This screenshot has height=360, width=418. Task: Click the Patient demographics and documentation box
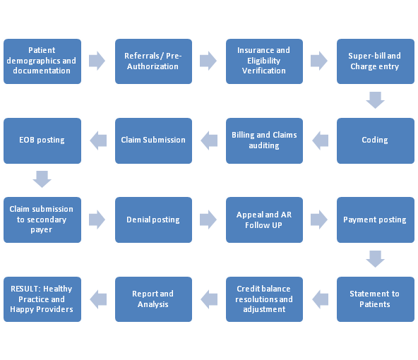pos(42,61)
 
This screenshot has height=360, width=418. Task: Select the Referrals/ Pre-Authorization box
pos(153,61)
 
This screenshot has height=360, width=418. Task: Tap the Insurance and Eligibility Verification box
pos(264,61)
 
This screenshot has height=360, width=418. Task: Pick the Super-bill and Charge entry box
pos(375,61)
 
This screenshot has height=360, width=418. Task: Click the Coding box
pos(375,140)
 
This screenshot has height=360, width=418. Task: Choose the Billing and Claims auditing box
pos(264,140)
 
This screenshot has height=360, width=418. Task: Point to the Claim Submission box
pos(153,140)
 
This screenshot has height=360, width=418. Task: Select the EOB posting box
pos(42,140)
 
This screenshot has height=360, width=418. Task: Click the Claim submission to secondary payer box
pos(42,220)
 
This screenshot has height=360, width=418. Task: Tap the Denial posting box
pos(153,220)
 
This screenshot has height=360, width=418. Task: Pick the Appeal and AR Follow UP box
pos(264,220)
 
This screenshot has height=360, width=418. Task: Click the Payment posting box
pos(375,220)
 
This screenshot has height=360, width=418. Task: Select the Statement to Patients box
pos(375,299)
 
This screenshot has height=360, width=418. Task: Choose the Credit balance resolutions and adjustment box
pos(264,299)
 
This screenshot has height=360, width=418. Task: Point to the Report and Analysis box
pos(153,299)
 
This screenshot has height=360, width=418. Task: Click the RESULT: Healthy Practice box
pos(42,299)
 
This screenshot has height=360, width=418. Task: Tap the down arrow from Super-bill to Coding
pos(375,100)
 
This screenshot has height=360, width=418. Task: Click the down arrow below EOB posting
pos(42,179)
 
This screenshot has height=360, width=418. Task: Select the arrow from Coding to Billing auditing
pos(320,140)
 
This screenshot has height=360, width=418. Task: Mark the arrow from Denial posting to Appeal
pos(208,220)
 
